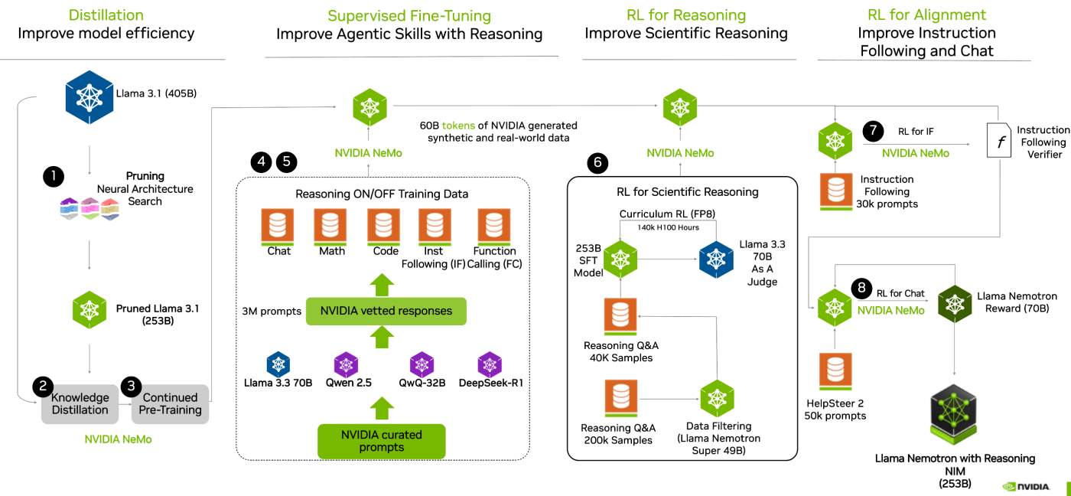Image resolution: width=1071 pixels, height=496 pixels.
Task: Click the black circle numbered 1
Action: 54,177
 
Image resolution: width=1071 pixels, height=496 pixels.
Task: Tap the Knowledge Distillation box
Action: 80,403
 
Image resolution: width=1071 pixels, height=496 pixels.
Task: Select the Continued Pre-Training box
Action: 169,403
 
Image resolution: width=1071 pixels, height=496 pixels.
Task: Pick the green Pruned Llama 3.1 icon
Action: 90,309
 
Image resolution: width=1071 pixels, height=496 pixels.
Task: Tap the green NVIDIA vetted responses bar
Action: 386,312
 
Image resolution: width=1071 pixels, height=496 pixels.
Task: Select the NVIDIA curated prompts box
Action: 381,441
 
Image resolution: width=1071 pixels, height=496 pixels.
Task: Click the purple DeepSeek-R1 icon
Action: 490,364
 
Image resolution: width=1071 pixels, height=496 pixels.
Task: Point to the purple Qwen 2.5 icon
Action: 346,364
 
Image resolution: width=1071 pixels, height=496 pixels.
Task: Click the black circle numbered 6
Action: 598,162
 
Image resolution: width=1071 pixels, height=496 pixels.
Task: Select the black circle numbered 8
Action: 861,289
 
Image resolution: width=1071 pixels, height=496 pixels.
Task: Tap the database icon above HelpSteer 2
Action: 835,373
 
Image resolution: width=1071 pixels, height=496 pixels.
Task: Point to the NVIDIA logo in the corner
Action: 1026,486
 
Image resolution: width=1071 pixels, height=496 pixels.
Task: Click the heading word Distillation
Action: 106,15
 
